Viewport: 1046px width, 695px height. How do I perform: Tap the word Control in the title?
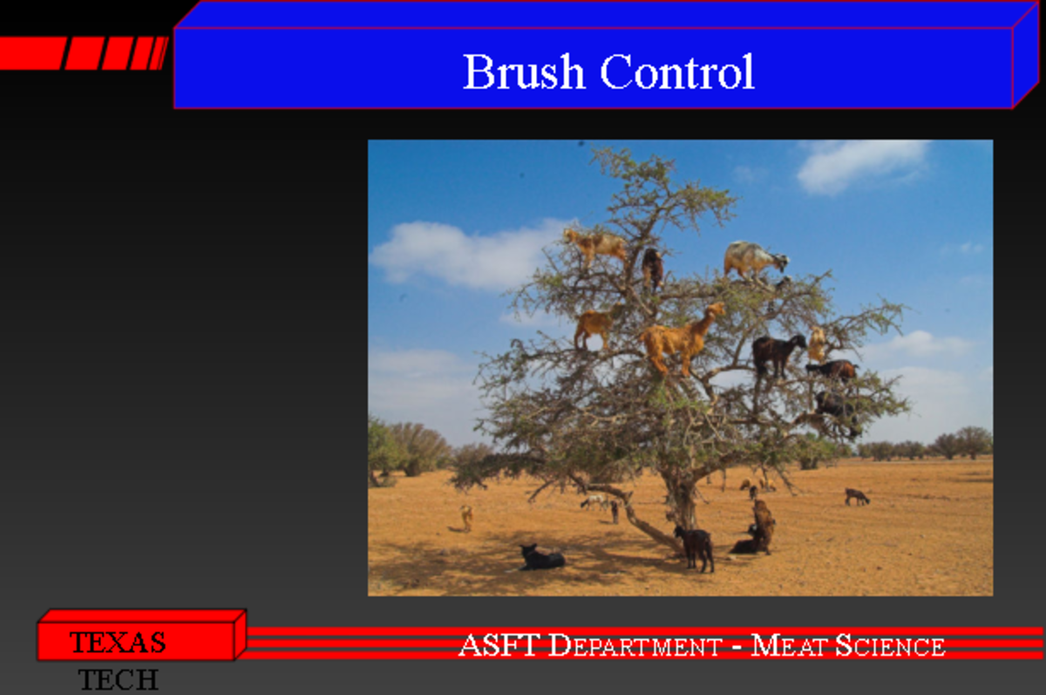pyautogui.click(x=677, y=72)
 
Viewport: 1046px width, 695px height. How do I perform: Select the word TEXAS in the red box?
pyautogui.click(x=118, y=643)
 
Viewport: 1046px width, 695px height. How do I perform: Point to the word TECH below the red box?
pyautogui.click(x=119, y=679)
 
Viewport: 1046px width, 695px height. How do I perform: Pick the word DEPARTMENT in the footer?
pyautogui.click(x=635, y=647)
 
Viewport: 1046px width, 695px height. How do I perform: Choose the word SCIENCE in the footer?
pyautogui.click(x=890, y=646)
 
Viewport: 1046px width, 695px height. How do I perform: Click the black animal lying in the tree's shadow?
pyautogui.click(x=541, y=558)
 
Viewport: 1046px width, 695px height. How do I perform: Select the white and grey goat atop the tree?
pyautogui.click(x=753, y=259)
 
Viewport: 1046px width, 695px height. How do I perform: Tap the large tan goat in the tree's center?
pyautogui.click(x=680, y=338)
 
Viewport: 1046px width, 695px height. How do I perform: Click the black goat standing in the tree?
pyautogui.click(x=778, y=352)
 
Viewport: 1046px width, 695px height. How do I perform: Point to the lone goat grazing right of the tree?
pyautogui.click(x=856, y=496)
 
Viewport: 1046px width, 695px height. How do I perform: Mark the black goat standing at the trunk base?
pyautogui.click(x=696, y=546)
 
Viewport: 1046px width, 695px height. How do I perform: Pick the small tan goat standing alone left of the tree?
pyautogui.click(x=466, y=517)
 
